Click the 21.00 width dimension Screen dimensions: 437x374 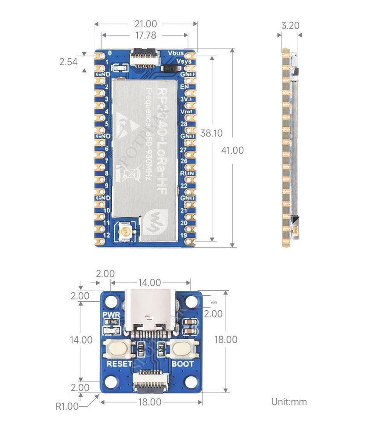pos(145,24)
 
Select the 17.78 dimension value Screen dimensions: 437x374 pos(145,35)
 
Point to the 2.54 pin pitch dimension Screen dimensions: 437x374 pos(68,62)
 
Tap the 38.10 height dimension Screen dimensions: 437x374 pos(212,133)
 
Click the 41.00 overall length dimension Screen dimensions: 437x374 pos(232,150)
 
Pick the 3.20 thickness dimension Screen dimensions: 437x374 pos(290,26)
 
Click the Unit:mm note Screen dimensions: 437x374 pos(289,402)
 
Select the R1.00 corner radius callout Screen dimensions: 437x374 pos(67,406)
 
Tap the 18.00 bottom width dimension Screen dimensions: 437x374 pos(150,402)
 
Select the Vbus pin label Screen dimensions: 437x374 pos(176,53)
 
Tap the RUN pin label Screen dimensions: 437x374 pos(187,174)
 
